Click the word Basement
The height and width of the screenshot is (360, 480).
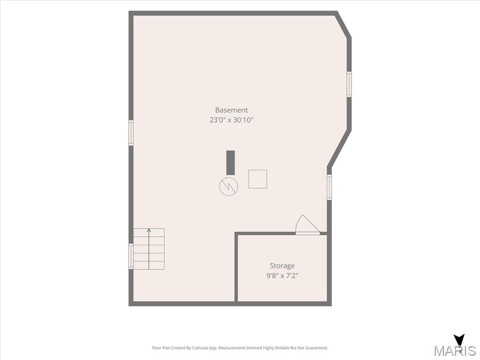point(232,110)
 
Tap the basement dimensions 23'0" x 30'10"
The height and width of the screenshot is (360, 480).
point(232,120)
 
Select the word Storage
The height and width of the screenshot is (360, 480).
point(282,266)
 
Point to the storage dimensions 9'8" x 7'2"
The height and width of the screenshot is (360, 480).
point(282,276)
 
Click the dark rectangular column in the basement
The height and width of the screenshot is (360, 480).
point(231,163)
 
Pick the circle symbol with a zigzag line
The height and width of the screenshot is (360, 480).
point(229,186)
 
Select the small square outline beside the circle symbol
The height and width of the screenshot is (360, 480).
point(257,179)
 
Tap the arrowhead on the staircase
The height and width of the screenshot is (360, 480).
point(149,230)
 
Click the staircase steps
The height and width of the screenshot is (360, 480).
point(149,249)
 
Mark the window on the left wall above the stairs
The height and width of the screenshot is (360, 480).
point(131,133)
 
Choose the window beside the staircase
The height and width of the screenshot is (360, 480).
point(131,256)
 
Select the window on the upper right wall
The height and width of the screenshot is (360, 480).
point(349,84)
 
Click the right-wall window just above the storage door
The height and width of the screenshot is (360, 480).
point(330,187)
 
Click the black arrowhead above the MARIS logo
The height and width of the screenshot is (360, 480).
point(459,339)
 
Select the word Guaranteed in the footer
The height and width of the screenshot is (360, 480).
point(318,348)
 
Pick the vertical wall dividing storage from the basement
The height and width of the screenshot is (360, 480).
point(236,268)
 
